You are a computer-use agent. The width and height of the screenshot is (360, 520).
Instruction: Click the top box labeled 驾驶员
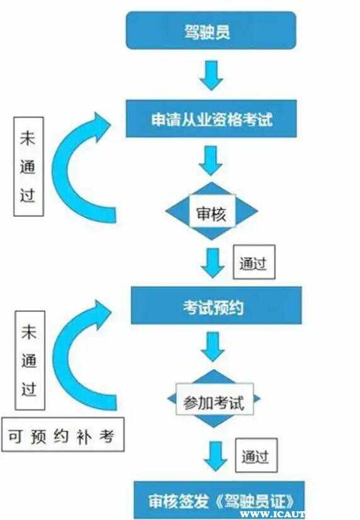pyautogui.click(x=211, y=30)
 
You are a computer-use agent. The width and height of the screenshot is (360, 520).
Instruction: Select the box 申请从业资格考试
pyautogui.click(x=211, y=118)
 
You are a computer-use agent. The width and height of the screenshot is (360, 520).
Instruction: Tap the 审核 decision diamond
pyautogui.click(x=211, y=211)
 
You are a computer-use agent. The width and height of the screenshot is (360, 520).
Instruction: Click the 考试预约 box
pyautogui.click(x=217, y=306)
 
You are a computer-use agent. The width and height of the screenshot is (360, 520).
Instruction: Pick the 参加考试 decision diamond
pyautogui.click(x=214, y=398)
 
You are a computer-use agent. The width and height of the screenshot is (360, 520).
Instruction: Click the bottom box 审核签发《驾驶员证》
pyautogui.click(x=219, y=500)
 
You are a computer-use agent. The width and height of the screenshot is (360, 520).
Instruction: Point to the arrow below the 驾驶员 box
pyautogui.click(x=211, y=75)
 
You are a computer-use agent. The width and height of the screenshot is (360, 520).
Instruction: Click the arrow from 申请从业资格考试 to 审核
pyautogui.click(x=211, y=160)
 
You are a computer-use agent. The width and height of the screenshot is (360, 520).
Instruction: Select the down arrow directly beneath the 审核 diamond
pyautogui.click(x=213, y=263)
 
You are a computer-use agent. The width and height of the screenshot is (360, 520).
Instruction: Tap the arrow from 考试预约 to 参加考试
pyautogui.click(x=213, y=346)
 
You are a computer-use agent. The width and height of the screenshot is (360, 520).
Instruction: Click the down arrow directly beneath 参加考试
pyautogui.click(x=215, y=456)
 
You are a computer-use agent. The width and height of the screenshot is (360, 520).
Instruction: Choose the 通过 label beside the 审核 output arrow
pyautogui.click(x=254, y=262)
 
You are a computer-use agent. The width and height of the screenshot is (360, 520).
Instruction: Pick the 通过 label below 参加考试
pyautogui.click(x=256, y=455)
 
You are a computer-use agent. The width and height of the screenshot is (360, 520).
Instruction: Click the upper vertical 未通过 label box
pyautogui.click(x=28, y=167)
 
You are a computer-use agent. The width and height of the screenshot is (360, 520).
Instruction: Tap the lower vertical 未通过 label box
pyautogui.click(x=30, y=360)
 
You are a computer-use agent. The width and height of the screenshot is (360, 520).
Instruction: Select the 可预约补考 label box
pyautogui.click(x=63, y=434)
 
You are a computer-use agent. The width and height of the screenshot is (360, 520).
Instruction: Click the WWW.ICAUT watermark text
pyautogui.click(x=272, y=514)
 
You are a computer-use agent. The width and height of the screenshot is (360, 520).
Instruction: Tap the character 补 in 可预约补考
pyautogui.click(x=83, y=436)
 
